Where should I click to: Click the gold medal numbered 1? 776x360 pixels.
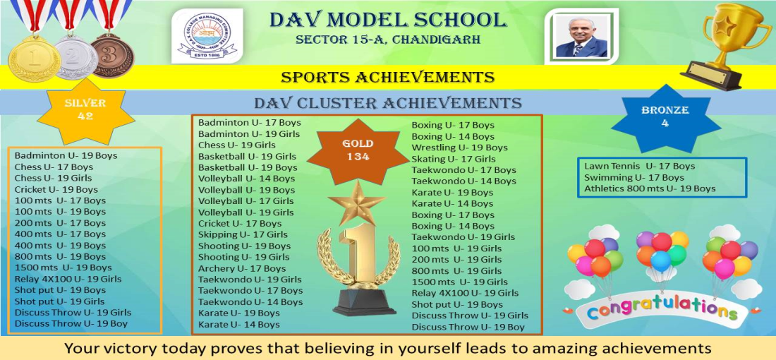pos(34,58)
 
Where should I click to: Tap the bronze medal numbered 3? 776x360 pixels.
pos(112,56)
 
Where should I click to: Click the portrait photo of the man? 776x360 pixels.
pos(581,37)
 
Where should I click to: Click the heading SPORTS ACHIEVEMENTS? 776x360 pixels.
pos(387,77)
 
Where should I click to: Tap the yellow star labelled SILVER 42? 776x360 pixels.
pos(85,110)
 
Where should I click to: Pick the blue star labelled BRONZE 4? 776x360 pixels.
pos(665,117)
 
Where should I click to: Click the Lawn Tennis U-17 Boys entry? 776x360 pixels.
pos(639,167)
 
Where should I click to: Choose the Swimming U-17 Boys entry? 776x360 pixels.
pos(633,177)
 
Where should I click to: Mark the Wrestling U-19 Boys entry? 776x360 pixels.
pos(460,148)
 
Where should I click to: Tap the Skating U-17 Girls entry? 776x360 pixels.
pos(454,159)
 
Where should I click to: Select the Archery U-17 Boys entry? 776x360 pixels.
pos(242,268)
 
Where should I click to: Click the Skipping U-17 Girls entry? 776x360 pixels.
pos(243,235)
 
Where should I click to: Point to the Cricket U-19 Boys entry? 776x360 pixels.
pos(56,190)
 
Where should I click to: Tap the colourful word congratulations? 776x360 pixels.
pos(662,308)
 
